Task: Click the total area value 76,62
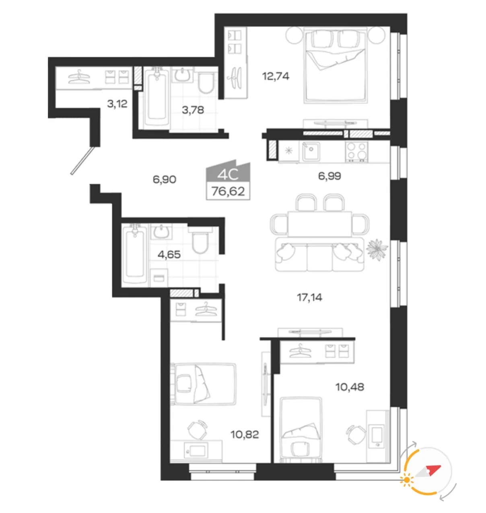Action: [228, 191]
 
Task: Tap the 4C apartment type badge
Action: [228, 172]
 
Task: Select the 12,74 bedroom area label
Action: [276, 76]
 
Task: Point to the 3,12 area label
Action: [117, 103]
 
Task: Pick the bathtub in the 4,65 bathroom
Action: [135, 254]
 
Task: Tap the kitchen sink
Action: [311, 151]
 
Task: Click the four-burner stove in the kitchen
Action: [356, 151]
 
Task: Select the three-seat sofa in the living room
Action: [319, 254]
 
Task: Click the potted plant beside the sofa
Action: [377, 249]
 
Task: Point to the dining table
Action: [319, 224]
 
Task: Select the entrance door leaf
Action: [82, 161]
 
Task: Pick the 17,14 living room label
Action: [309, 297]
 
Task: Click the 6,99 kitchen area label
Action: [329, 176]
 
